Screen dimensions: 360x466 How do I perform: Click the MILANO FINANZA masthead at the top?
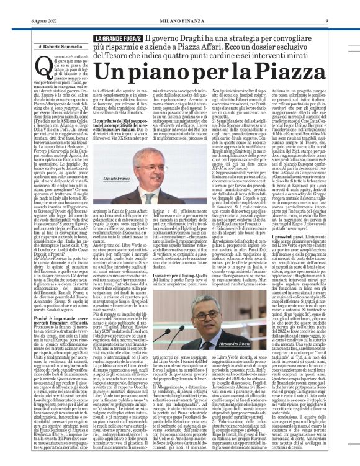tap(179, 5)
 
